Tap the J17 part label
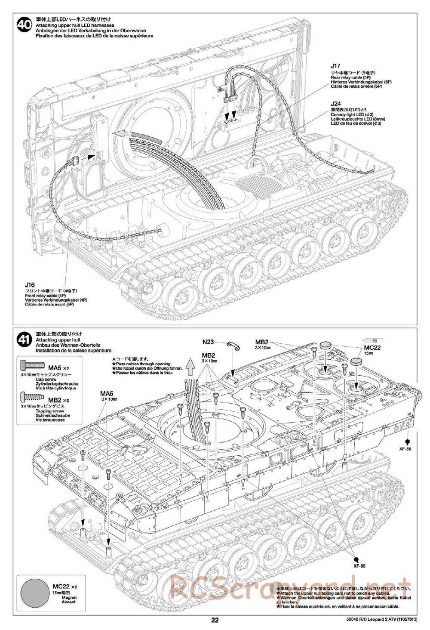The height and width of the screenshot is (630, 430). click(335, 66)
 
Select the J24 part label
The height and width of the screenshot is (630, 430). click(335, 104)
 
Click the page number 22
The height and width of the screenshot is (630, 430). click(215, 620)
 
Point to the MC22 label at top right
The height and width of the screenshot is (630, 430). click(372, 348)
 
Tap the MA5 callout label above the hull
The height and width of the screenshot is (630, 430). click(106, 393)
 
